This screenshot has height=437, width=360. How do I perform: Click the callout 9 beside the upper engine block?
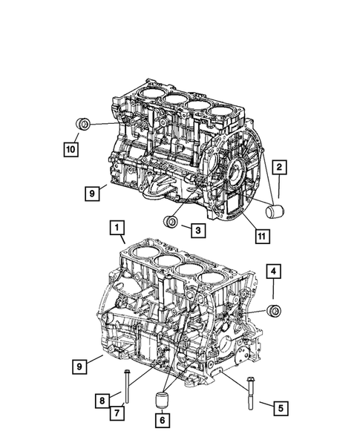pyautogui.click(x=92, y=194)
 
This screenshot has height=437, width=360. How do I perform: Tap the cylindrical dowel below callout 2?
pyautogui.click(x=275, y=213)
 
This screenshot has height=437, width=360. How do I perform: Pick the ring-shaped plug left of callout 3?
pyautogui.click(x=171, y=223)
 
